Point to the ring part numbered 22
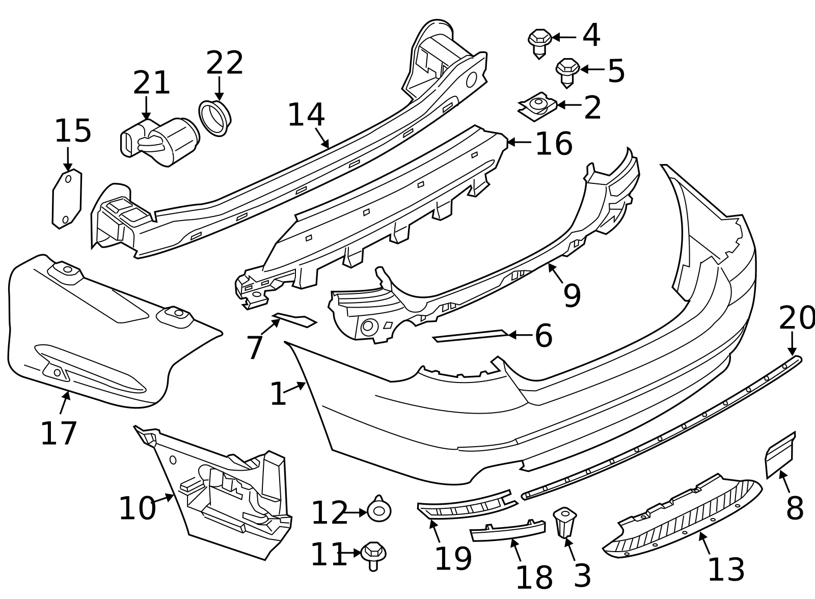[214, 118]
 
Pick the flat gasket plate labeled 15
[67, 199]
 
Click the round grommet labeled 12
[379, 510]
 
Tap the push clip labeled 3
[564, 521]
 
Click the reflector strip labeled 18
[507, 531]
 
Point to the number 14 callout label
[306, 115]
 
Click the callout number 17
[59, 433]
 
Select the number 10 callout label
[137, 508]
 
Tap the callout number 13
[726, 569]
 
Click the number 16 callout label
[554, 144]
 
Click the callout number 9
[572, 295]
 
